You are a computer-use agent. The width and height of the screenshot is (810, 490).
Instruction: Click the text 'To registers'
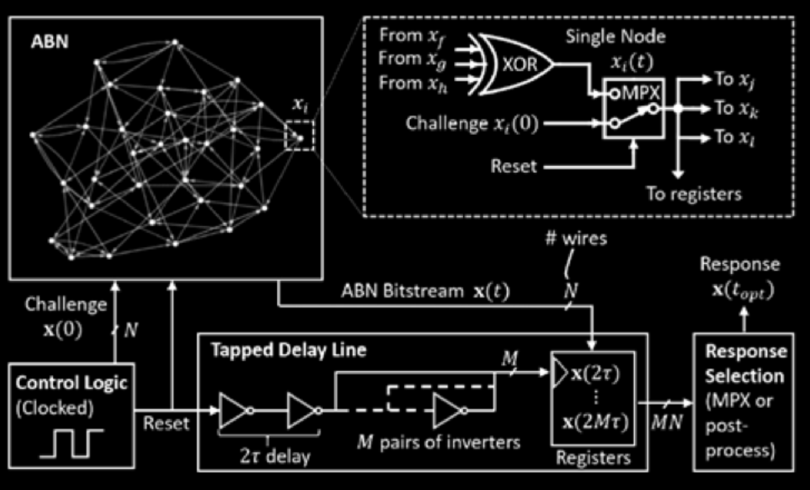click(x=693, y=193)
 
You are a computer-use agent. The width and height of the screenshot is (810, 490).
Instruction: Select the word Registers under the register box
click(x=593, y=458)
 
